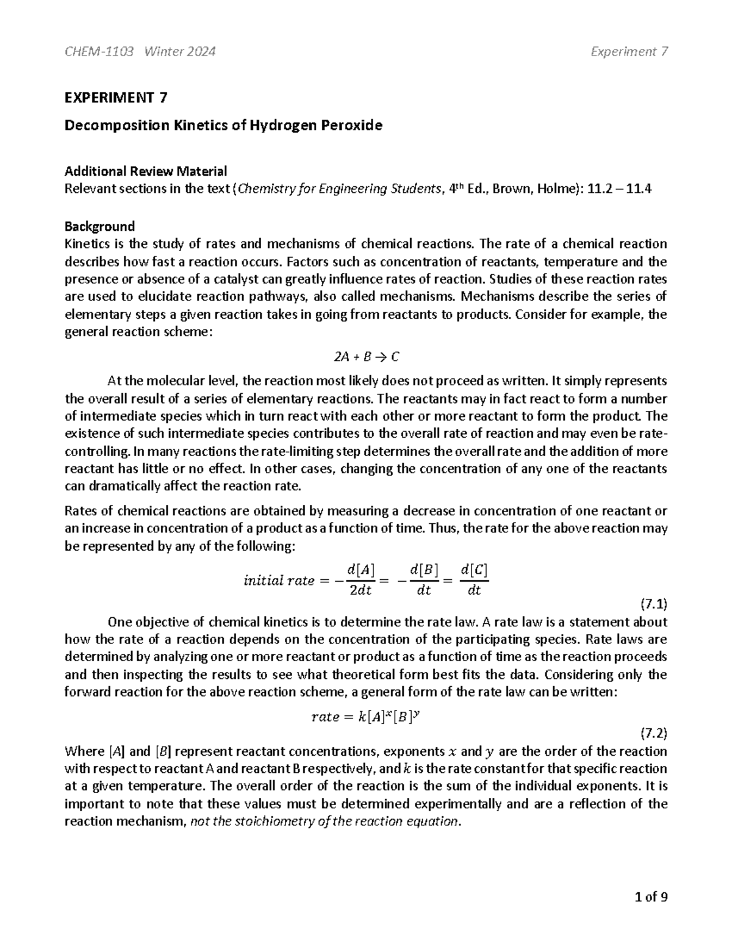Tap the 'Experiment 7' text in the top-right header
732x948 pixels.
pos(629,52)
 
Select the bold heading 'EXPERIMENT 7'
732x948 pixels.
pos(116,98)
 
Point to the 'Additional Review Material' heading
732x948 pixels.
pos(146,172)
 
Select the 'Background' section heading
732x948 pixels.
pos(99,226)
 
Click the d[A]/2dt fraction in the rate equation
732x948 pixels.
pos(360,580)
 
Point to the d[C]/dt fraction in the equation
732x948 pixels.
pos(474,580)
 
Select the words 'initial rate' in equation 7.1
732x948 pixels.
pos(279,581)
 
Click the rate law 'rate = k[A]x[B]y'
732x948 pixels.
pos(366,717)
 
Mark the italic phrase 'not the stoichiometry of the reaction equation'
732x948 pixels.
pos(324,822)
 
